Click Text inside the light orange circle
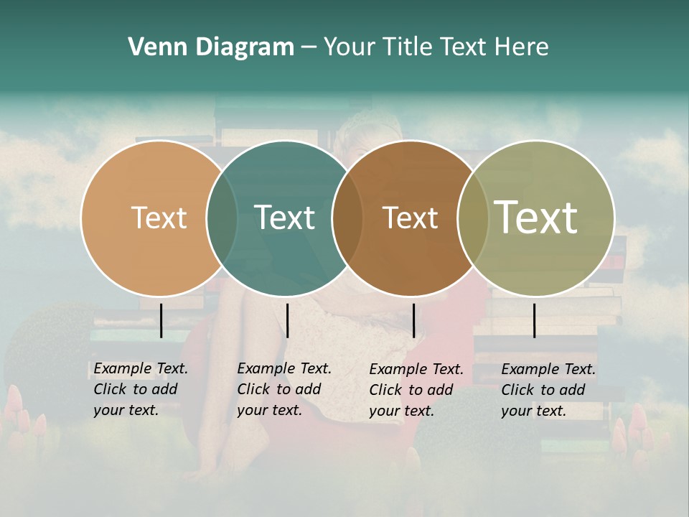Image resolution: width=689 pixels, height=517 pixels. (x=159, y=218)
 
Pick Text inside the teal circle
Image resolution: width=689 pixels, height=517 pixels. (x=284, y=218)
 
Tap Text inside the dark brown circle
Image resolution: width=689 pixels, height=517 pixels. (x=410, y=218)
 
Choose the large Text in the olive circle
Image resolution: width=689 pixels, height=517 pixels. (x=535, y=217)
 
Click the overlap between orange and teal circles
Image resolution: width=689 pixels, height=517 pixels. (x=222, y=218)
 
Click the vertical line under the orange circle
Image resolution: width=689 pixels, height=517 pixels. (x=161, y=320)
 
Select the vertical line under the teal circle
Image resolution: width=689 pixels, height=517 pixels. (x=287, y=320)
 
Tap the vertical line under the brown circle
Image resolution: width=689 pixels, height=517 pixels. (x=414, y=320)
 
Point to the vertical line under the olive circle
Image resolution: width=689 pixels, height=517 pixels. (x=535, y=320)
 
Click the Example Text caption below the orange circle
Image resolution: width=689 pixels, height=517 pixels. (x=141, y=389)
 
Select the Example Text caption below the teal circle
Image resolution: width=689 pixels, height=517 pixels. (x=284, y=389)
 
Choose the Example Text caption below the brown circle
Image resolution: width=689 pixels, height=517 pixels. (x=416, y=390)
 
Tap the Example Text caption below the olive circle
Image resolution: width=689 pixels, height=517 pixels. (x=548, y=390)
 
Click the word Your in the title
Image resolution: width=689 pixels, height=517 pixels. (x=350, y=47)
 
